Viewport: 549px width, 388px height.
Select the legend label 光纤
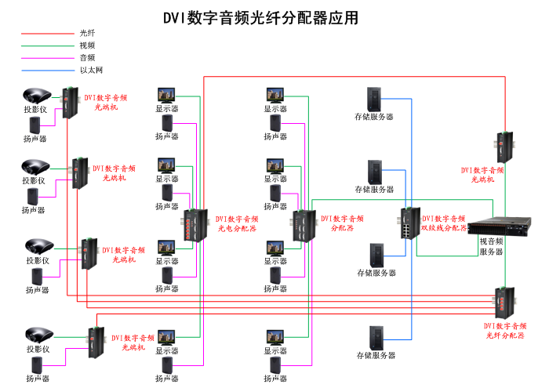87,34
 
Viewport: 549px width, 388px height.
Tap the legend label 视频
87,45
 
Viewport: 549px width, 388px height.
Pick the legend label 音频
87,57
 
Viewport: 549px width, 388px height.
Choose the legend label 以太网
91,70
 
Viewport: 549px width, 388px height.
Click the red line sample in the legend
46,34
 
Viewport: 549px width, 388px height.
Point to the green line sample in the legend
46,45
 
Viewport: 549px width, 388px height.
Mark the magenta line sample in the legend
46,57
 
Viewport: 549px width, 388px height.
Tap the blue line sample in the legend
46,70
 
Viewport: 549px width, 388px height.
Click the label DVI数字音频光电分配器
238,224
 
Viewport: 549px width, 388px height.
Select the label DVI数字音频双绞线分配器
444,223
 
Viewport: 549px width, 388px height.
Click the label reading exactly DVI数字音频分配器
343,224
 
